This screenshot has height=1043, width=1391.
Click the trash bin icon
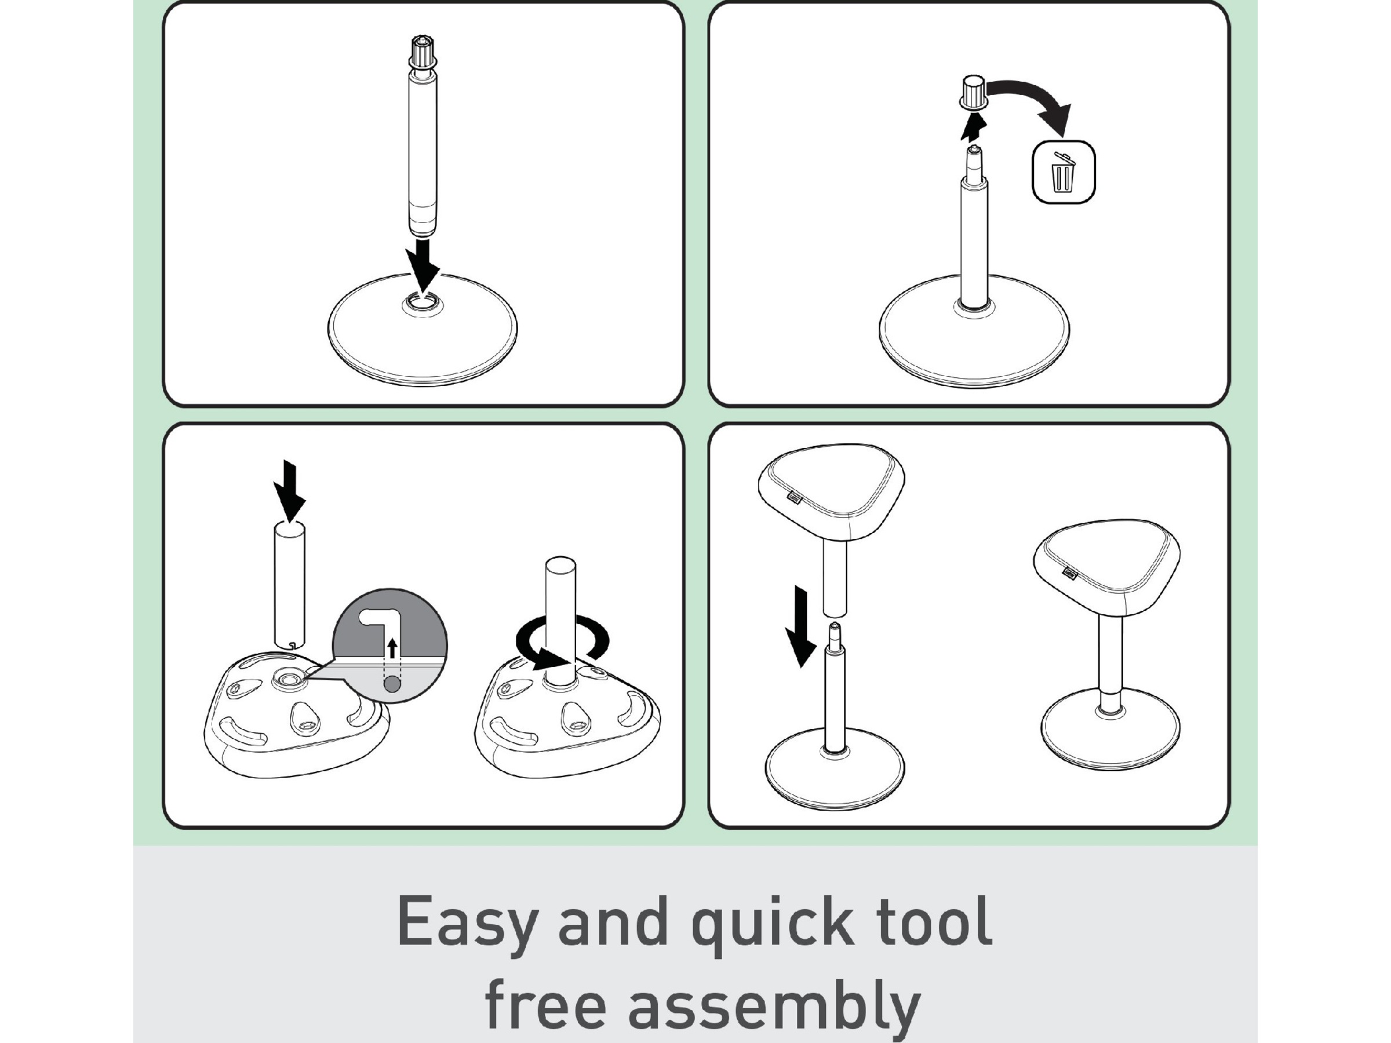(x=1064, y=172)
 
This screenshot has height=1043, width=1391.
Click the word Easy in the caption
(x=467, y=923)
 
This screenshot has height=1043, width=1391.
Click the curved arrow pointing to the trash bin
(x=1031, y=101)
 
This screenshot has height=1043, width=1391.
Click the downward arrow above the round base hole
(x=422, y=264)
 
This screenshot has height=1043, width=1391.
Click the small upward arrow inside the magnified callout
(x=392, y=648)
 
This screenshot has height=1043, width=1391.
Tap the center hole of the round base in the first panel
(x=422, y=304)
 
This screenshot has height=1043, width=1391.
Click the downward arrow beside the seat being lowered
(x=800, y=626)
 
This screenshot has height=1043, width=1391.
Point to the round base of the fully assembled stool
(x=1110, y=732)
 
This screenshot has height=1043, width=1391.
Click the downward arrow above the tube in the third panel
(x=290, y=490)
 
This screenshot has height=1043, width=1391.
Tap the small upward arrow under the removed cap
(x=974, y=129)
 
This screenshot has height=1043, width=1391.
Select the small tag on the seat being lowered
(x=795, y=497)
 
